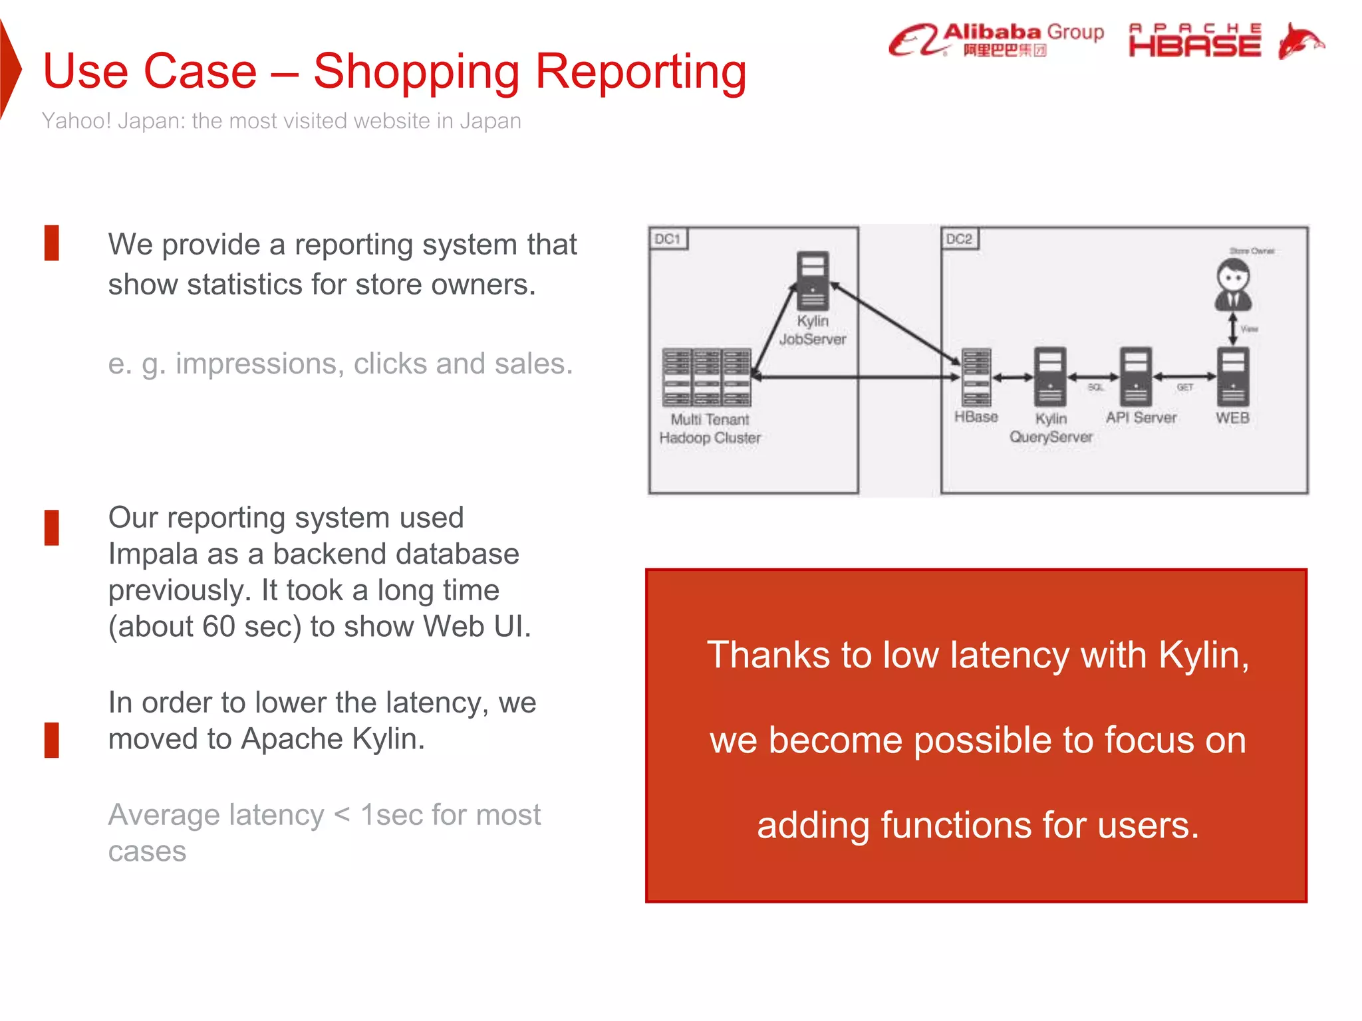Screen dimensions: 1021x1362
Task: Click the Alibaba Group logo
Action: (996, 40)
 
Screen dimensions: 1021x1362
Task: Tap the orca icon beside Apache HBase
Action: (1300, 41)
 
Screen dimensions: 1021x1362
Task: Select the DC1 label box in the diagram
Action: (668, 239)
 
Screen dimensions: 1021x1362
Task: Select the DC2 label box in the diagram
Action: (959, 239)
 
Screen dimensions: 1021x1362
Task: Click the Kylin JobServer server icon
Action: (813, 280)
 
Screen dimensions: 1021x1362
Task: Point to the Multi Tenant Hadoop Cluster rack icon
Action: (707, 377)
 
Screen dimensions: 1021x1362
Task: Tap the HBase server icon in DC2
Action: (976, 377)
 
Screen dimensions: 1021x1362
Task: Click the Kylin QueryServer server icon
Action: (1050, 377)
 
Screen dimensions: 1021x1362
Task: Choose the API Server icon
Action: (1136, 377)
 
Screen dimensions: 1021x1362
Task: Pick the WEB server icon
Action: (1233, 377)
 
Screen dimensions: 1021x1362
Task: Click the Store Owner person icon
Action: (1234, 284)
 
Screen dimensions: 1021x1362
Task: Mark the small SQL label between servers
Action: (1095, 388)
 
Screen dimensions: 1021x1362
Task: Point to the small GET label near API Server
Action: (1185, 388)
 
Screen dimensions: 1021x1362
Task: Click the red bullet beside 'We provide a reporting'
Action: (52, 243)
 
